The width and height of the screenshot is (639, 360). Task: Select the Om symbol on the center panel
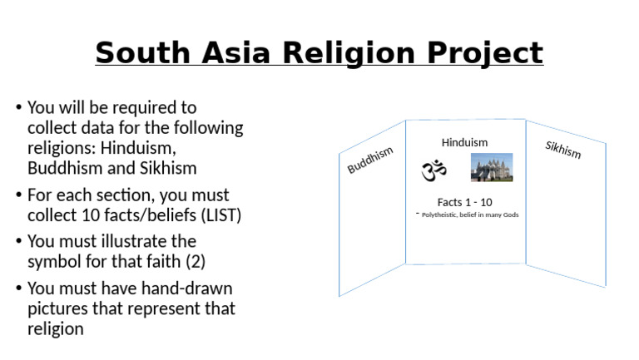(433, 170)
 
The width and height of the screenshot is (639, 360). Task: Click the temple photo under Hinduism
(492, 167)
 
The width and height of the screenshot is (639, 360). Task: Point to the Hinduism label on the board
(464, 142)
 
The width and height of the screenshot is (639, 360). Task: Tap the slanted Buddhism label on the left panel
(370, 160)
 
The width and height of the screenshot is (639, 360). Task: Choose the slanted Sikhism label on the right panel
(563, 150)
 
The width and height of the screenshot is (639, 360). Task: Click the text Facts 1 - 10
(464, 202)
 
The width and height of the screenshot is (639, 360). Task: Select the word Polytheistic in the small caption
(441, 215)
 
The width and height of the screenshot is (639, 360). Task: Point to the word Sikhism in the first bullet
(168, 168)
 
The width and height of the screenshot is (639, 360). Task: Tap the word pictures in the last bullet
(57, 308)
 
